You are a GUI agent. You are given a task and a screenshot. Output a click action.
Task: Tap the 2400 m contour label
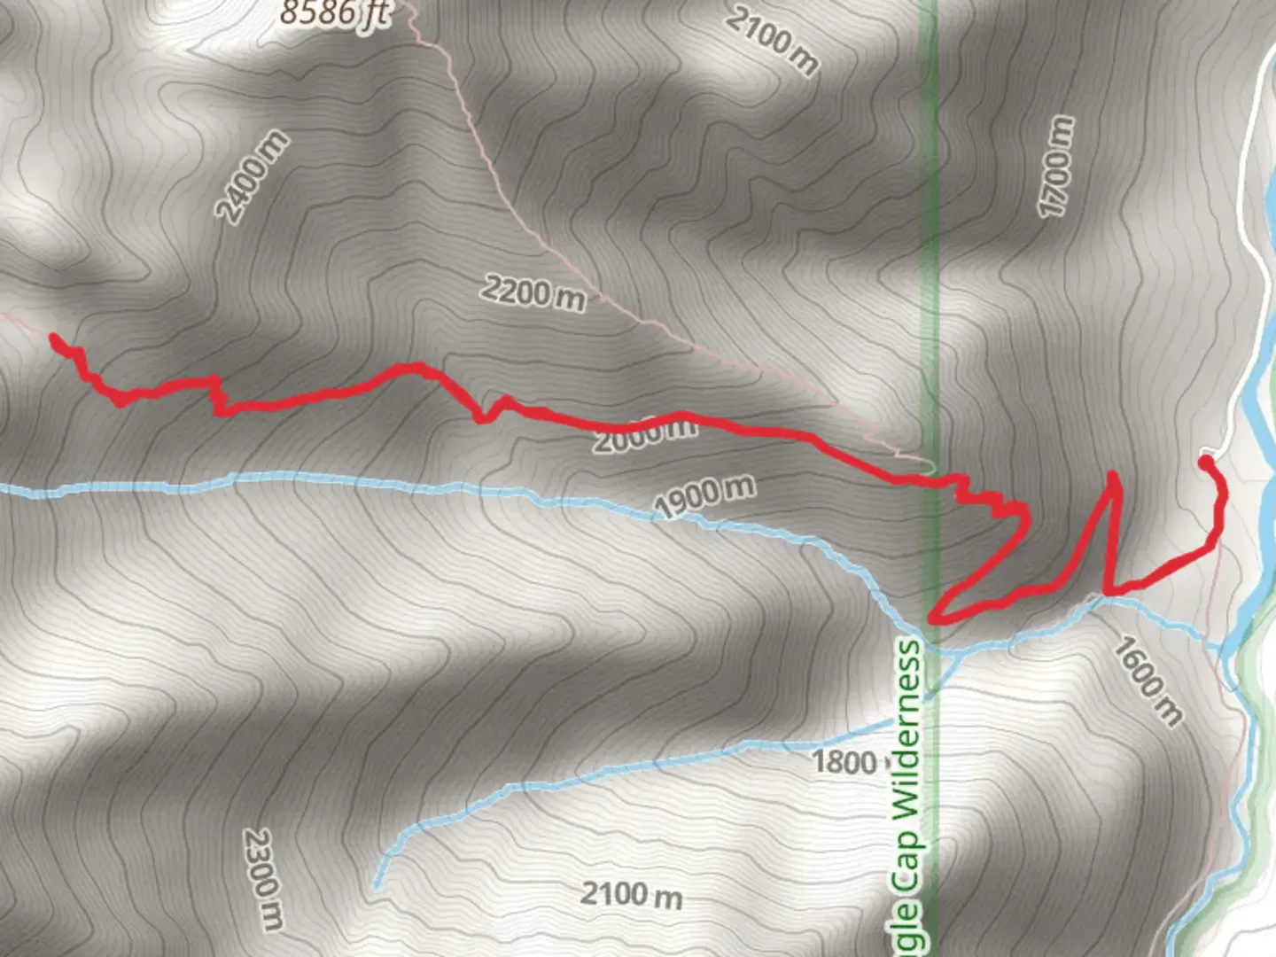tap(253, 176)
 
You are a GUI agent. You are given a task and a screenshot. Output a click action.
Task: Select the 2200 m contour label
tap(533, 292)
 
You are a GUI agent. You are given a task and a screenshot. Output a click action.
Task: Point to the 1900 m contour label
tap(704, 495)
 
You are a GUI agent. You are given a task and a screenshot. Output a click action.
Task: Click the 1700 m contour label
tap(1055, 167)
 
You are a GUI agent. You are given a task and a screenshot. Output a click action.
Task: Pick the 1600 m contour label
tap(1148, 681)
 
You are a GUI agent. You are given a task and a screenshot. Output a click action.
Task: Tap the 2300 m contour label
tap(262, 879)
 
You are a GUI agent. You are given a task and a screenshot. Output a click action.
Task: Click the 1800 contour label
tap(844, 761)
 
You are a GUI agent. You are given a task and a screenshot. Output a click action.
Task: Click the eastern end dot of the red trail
tap(1205, 461)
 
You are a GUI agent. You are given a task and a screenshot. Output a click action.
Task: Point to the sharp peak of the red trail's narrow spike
tap(1113, 477)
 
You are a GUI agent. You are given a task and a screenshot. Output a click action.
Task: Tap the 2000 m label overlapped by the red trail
tap(644, 434)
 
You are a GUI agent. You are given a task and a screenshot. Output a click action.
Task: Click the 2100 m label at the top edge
tap(772, 40)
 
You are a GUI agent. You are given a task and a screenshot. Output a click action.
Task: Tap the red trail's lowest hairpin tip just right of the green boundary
tap(932, 617)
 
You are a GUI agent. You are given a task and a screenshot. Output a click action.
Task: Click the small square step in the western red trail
tap(215, 396)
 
